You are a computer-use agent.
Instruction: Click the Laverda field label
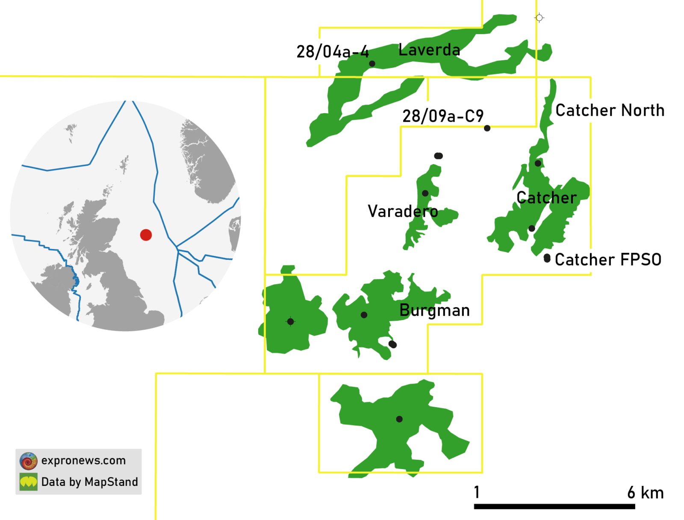coord(429,50)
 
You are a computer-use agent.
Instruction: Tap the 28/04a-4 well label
coord(332,52)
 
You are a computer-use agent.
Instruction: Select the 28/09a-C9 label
coord(443,116)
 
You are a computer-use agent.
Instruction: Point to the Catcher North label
coord(610,110)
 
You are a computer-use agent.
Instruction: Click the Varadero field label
coord(403,211)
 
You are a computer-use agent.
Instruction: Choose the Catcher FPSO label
coord(608,259)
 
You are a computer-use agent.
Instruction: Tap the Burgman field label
coord(434,310)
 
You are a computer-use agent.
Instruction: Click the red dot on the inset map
coord(146,235)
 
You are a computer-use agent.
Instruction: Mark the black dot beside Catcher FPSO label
coord(547,258)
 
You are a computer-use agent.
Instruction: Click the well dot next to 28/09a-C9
coord(487,128)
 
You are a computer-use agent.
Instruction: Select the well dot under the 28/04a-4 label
coord(372,64)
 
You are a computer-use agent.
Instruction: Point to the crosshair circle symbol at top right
coord(539,18)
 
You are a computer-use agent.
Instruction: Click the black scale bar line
coord(554,506)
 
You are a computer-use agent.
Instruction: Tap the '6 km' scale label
coord(645,493)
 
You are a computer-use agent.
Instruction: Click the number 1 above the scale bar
coord(477,492)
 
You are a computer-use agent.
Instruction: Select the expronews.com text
coord(83,461)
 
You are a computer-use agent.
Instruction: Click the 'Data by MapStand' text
coord(89,482)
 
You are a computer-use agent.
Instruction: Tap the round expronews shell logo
coord(28,461)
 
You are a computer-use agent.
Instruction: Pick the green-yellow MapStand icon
coord(28,482)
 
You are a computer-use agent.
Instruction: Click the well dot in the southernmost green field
coord(399,419)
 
